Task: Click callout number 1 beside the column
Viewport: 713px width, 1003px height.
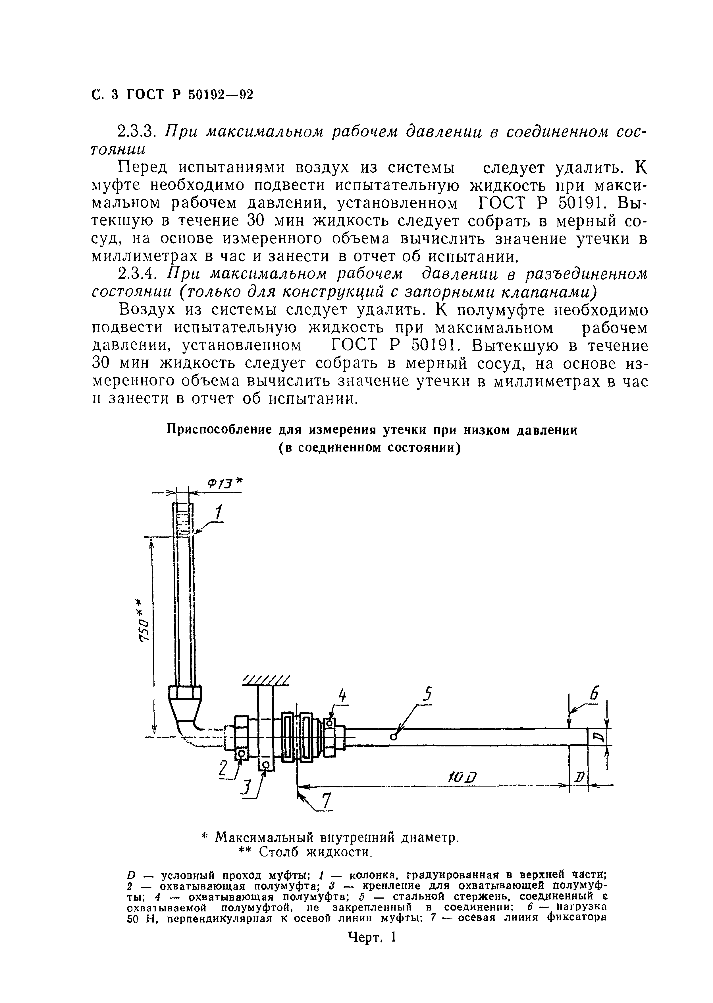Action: click(218, 513)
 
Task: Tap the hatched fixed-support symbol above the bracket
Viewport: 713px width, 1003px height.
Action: click(266, 682)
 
